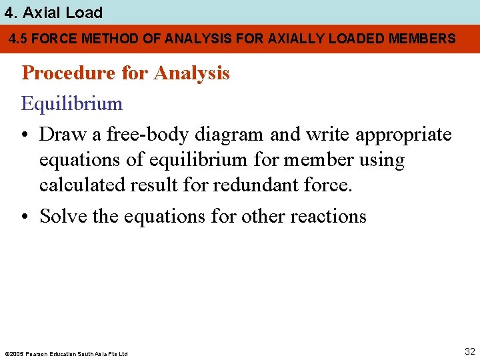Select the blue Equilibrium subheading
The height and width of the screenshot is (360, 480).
point(72,104)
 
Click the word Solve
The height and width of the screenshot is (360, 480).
point(62,216)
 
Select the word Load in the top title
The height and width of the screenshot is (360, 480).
point(83,12)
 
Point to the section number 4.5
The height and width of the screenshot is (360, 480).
point(18,39)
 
